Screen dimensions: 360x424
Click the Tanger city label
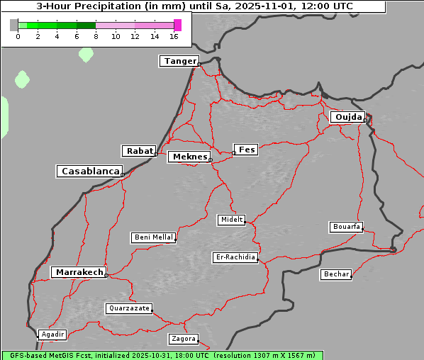point(179,61)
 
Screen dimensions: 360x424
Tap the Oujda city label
point(347,117)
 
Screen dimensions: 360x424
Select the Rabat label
point(139,151)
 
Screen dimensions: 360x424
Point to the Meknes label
point(189,157)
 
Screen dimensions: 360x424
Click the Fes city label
point(246,150)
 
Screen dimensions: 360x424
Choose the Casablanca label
point(90,171)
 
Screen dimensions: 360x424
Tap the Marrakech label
point(79,272)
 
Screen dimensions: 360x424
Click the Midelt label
point(231,220)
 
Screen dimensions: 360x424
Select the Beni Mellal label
point(153,237)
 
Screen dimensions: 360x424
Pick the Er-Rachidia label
point(235,257)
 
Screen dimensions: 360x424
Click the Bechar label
point(336,274)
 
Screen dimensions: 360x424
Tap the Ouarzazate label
point(128,308)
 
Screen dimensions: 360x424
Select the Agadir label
point(52,334)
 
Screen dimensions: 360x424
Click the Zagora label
point(183,339)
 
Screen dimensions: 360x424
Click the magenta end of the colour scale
point(177,25)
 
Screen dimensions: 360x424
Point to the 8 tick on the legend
point(96,36)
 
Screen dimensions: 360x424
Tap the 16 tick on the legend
point(174,36)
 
